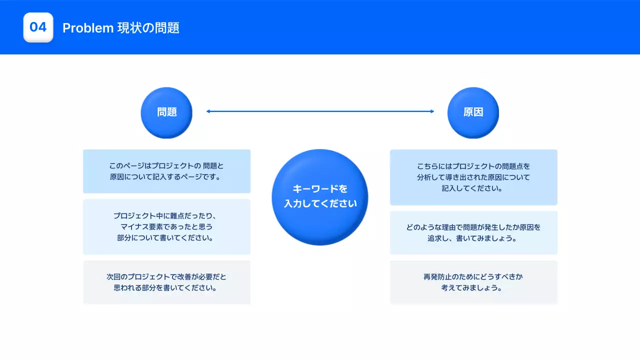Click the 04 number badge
click(x=38, y=27)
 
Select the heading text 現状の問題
click(x=148, y=28)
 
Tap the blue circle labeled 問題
click(x=166, y=112)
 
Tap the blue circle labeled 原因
click(x=473, y=112)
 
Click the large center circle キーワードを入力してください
click(x=320, y=197)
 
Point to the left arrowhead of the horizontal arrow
click(x=208, y=111)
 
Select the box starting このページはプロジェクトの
click(x=166, y=171)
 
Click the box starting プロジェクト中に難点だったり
click(x=166, y=226)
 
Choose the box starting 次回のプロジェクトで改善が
click(x=166, y=282)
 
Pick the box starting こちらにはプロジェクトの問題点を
click(x=473, y=177)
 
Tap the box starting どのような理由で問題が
click(x=473, y=232)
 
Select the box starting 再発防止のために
click(x=473, y=282)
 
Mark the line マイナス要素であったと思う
click(x=166, y=227)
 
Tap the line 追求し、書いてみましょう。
click(x=473, y=238)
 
